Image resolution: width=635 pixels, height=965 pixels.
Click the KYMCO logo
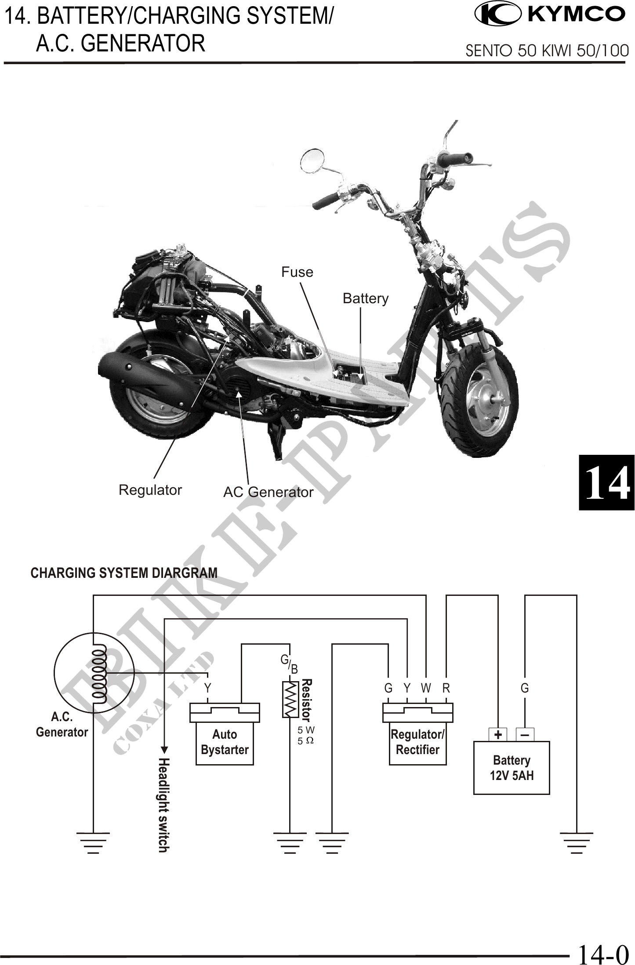pyautogui.click(x=549, y=14)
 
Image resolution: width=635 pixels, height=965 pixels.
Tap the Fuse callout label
pyautogui.click(x=297, y=272)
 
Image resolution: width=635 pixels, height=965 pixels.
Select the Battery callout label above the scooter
pyautogui.click(x=365, y=298)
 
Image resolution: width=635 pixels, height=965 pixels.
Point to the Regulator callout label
pyautogui.click(x=150, y=490)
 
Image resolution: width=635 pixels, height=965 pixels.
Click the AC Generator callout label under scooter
pyautogui.click(x=268, y=492)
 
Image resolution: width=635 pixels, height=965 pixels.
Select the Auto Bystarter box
pyautogui.click(x=225, y=742)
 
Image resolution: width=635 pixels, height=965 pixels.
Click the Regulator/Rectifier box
pyautogui.click(x=417, y=742)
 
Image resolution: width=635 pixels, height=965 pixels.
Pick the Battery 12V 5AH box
pyautogui.click(x=512, y=768)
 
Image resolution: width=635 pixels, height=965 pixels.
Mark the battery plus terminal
pyautogui.click(x=498, y=735)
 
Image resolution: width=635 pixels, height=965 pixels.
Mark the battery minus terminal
pyautogui.click(x=525, y=735)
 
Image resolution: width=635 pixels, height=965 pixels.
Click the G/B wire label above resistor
pyautogui.click(x=289, y=664)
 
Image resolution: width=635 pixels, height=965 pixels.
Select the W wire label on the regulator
pyautogui.click(x=426, y=688)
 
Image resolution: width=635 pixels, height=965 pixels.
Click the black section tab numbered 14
pyautogui.click(x=606, y=482)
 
